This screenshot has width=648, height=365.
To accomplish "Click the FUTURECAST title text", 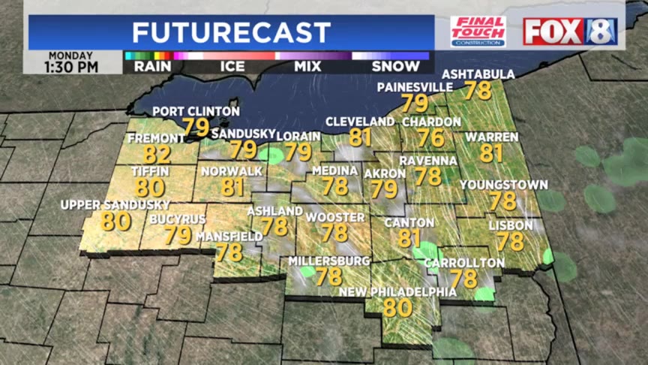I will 231,32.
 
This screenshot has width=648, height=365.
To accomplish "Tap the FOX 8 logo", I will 570,32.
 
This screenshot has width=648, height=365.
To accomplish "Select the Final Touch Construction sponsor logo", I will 478,32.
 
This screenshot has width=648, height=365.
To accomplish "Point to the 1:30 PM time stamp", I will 73,67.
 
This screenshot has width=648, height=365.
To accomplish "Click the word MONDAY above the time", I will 72,55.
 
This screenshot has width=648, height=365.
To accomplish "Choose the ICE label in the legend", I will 232,66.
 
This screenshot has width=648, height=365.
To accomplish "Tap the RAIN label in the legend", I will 152,66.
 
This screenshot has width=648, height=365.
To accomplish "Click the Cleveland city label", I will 360,122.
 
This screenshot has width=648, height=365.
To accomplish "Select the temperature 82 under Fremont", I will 157,155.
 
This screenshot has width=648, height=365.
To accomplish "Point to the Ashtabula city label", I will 478,74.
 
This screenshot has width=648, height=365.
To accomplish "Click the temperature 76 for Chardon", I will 431,137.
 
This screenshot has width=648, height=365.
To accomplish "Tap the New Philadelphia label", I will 397,291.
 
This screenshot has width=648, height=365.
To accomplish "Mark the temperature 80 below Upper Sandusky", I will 116,222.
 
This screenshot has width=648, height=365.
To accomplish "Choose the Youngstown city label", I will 503,185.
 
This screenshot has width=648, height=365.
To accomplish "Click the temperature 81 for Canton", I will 409,239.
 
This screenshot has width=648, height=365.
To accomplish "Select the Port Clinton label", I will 196,112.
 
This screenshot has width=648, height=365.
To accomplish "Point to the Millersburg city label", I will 329,261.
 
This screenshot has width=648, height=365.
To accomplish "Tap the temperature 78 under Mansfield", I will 229,252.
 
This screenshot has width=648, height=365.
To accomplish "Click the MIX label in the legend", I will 307,66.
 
